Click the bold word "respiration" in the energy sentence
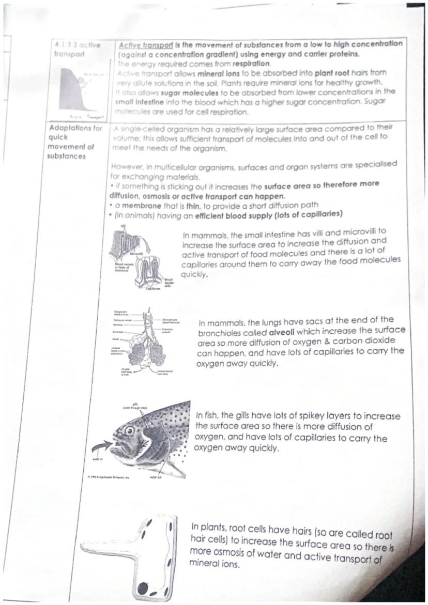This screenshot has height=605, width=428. [253, 64]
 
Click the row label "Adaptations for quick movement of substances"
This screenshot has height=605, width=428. [74, 142]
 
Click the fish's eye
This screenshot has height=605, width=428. [129, 430]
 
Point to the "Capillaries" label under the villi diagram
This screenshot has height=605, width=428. [153, 290]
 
